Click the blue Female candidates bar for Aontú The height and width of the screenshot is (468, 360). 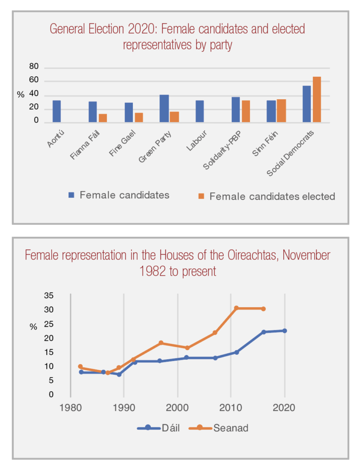[57, 112]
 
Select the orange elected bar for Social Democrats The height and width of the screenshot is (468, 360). [317, 100]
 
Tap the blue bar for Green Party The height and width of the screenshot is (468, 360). [164, 109]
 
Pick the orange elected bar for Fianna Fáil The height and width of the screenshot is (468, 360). [103, 118]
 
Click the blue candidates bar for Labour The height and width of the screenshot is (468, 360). [200, 112]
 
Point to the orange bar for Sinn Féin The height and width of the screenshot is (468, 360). [281, 111]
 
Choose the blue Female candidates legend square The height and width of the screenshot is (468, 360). [71, 195]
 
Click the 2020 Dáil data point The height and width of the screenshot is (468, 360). [284, 330]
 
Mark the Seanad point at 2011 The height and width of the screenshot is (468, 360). [236, 308]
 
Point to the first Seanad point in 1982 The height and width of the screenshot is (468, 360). [80, 367]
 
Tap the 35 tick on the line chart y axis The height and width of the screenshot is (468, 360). [49, 296]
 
